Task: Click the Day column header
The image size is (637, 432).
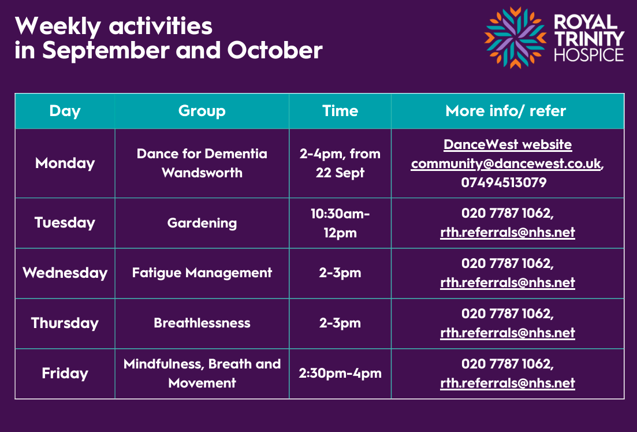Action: coord(65,111)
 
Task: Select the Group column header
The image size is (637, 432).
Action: coord(202,111)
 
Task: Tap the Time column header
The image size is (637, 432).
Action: coord(340,111)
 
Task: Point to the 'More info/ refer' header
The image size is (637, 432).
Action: coord(506,111)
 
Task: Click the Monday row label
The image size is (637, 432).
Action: coord(65,163)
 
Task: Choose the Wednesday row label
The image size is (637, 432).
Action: coord(65,273)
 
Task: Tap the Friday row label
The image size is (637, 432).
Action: coord(65,373)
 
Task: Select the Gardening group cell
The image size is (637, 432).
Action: coord(202,223)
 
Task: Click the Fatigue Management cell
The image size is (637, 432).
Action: coord(202,273)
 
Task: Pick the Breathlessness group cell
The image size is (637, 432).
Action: coord(202,323)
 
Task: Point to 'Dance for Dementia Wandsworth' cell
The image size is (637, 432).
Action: coord(202,163)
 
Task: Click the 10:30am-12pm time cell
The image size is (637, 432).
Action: coord(340,223)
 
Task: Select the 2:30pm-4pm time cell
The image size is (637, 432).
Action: coord(340,373)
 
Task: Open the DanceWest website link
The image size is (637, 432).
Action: coord(508,145)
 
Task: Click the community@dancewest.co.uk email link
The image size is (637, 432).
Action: coord(506,163)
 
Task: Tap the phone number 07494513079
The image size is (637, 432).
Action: coord(504,183)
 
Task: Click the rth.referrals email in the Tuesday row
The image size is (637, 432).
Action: coord(508,232)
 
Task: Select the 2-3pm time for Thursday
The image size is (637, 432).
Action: coord(340,323)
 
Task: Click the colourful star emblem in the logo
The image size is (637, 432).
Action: coord(515,38)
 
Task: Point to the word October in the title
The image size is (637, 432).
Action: coord(275,50)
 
